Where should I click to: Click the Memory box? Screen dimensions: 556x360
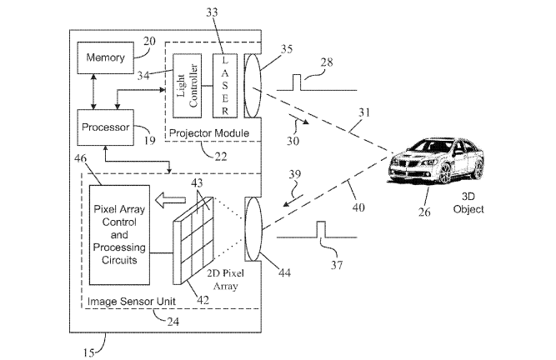click(106, 57)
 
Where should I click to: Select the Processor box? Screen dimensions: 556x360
click(106, 127)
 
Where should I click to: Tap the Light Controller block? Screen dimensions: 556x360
click(188, 86)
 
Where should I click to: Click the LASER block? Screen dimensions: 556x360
click(225, 86)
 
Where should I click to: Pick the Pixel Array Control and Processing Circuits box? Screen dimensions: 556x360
click(119, 235)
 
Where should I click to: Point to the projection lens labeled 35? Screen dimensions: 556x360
click(253, 85)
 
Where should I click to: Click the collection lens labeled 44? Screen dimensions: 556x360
click(253, 229)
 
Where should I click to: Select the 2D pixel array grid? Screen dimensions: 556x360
click(193, 241)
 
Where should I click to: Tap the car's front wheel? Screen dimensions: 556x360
click(444, 172)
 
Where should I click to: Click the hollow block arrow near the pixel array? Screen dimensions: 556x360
click(171, 200)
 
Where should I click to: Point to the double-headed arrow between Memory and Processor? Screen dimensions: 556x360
click(93, 92)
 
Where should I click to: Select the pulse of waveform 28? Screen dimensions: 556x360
click(296, 82)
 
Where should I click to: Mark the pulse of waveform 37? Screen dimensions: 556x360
click(321, 229)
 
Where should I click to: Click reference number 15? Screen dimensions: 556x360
click(88, 352)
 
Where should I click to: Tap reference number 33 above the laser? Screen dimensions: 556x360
click(212, 12)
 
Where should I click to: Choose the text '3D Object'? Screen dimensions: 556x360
click(468, 202)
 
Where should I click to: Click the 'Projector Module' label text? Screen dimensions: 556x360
click(209, 133)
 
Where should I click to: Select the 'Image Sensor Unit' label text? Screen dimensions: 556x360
click(132, 302)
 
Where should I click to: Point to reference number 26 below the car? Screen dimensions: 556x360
click(424, 212)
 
